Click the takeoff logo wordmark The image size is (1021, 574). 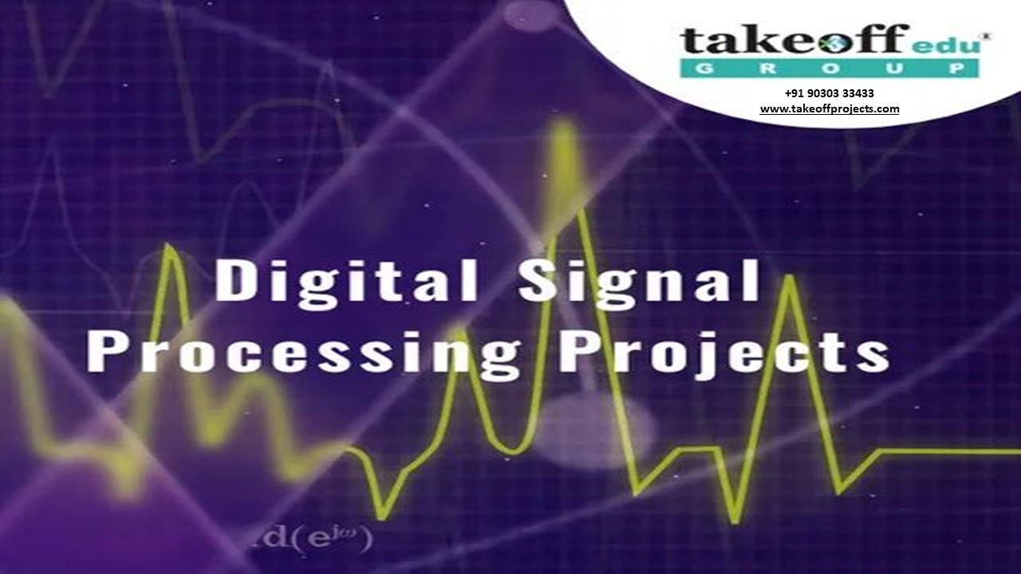pos(794,41)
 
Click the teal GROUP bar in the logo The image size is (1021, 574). pos(830,69)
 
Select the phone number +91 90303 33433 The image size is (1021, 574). pos(830,93)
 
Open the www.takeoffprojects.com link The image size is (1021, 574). pos(830,109)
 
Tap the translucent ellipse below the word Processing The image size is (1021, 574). pos(594,431)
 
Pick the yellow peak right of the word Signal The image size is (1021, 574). pos(790,279)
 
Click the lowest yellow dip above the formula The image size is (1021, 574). pos(381,514)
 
